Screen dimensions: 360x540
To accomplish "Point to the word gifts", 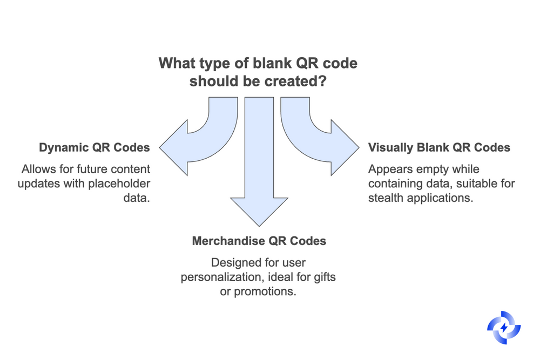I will (323, 277).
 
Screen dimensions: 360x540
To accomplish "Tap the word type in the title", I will (213, 63).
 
